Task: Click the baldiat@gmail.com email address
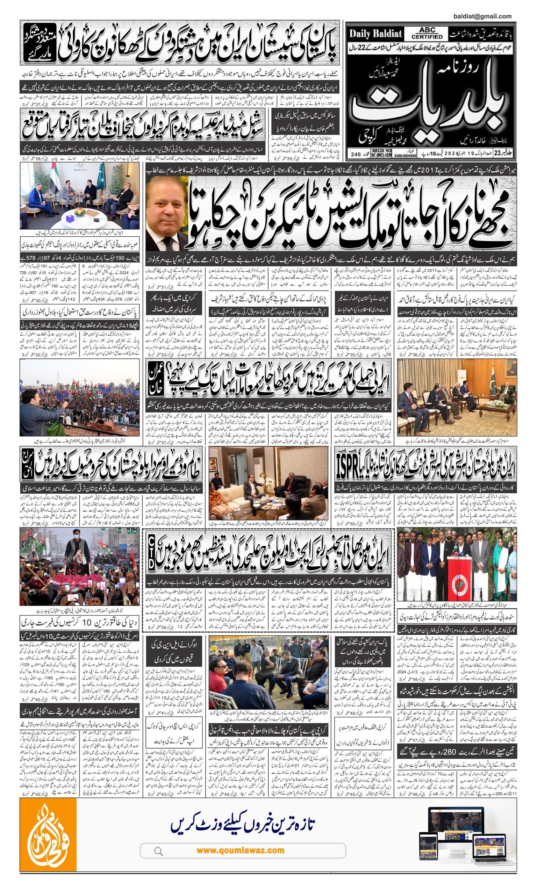click(482, 16)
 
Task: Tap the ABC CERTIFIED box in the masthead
click(427, 34)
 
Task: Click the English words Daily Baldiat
click(375, 34)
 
